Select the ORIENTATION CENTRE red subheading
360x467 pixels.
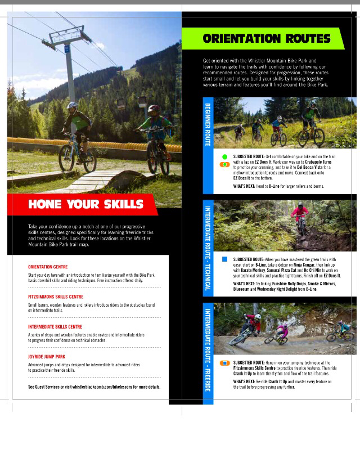click(x=48, y=267)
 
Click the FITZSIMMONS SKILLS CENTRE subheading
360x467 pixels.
click(x=56, y=297)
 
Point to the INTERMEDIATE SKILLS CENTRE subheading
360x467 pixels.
click(x=55, y=326)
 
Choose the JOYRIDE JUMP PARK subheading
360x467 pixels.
click(x=47, y=357)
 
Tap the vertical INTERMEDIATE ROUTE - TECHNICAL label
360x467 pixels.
click(x=208, y=248)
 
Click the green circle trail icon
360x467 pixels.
click(x=224, y=156)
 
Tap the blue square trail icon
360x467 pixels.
click(x=224, y=259)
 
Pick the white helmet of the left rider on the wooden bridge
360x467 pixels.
click(x=72, y=106)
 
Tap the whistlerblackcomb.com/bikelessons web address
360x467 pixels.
click(x=116, y=387)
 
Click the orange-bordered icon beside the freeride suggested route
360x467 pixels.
click(x=224, y=363)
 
